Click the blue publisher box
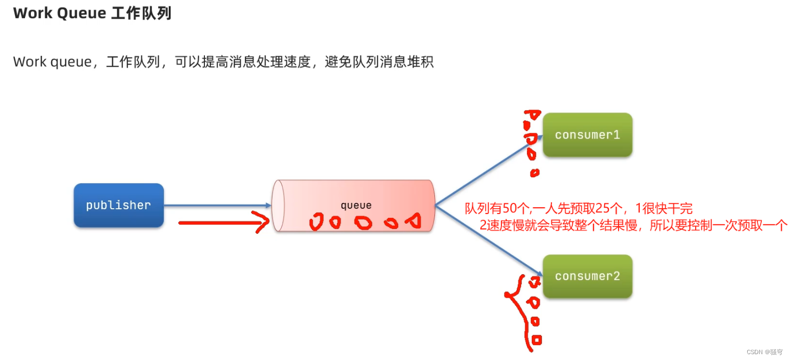click(118, 205)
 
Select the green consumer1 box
click(587, 135)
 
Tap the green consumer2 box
click(587, 276)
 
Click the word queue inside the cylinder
click(356, 206)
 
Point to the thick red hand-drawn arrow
click(224, 223)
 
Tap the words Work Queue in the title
click(60, 13)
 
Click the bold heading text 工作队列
click(141, 13)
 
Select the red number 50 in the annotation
click(510, 209)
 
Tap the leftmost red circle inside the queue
click(317, 222)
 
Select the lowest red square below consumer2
click(537, 339)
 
